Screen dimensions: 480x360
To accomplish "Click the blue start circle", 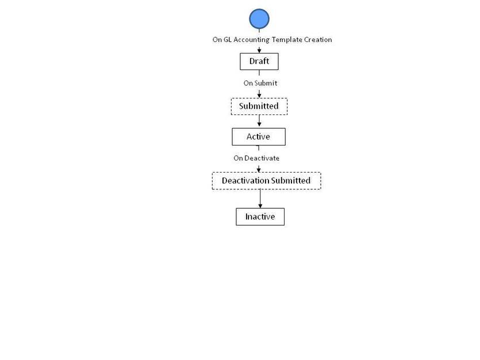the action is click(259, 18).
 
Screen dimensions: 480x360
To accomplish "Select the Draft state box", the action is click(259, 62).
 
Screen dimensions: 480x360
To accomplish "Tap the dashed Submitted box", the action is click(259, 106).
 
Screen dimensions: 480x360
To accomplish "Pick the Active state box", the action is click(259, 136).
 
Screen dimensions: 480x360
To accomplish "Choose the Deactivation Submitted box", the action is click(266, 181).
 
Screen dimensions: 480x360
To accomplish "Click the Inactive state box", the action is click(260, 217).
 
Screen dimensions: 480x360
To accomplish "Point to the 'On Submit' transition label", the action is click(260, 83).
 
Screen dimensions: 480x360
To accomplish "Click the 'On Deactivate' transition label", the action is click(256, 158).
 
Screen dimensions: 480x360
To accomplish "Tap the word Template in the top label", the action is click(287, 40).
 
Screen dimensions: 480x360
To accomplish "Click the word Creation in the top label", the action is click(318, 40).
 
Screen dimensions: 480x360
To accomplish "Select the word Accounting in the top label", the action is click(252, 40).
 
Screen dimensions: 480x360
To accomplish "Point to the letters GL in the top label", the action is click(228, 40).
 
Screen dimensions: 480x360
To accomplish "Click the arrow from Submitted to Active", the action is click(259, 121).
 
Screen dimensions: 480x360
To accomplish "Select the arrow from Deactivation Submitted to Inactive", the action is click(260, 198).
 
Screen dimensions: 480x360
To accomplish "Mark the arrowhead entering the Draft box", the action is click(259, 51).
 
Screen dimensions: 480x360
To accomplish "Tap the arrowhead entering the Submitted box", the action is click(259, 95).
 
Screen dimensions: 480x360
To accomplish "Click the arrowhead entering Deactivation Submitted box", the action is click(259, 170).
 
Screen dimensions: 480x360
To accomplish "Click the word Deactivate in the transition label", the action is click(262, 158).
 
